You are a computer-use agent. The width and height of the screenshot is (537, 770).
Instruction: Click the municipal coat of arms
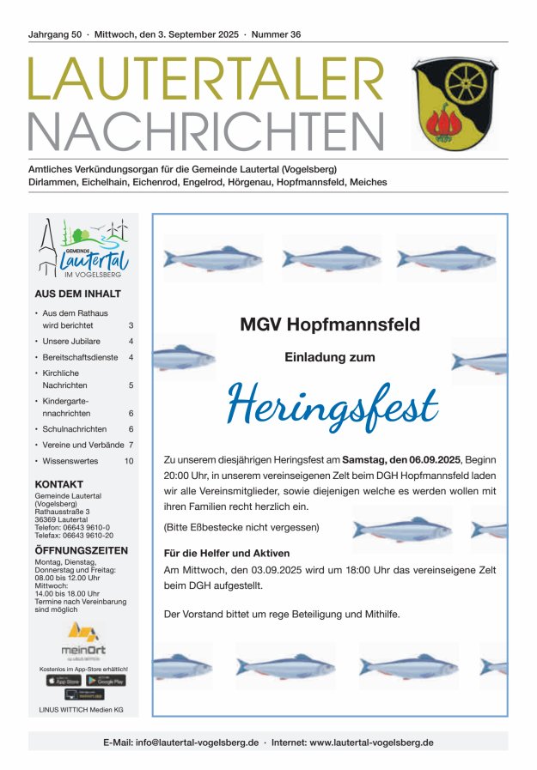455,104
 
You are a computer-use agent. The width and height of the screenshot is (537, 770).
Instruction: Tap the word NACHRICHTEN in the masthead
206,131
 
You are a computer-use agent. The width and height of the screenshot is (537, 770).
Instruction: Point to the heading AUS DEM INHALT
77,294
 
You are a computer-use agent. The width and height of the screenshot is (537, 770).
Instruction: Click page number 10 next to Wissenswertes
129,461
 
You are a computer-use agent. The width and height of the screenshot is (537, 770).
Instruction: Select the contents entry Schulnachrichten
75,428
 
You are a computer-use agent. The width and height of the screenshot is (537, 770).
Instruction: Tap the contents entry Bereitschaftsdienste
80,356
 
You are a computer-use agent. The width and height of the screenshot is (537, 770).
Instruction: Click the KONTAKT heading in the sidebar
59,484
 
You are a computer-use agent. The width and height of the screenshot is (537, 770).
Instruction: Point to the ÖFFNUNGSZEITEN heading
82,550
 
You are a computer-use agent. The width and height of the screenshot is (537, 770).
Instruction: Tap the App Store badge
64,681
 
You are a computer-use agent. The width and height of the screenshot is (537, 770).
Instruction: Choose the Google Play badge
107,681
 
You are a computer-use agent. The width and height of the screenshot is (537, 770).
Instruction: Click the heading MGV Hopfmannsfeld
330,324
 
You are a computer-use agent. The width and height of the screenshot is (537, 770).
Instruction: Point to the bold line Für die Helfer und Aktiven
227,553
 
